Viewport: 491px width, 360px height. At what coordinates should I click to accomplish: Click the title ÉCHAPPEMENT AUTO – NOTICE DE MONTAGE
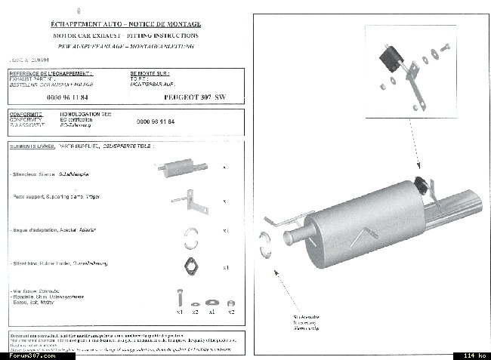point(125,25)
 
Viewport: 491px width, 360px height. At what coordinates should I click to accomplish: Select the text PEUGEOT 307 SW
point(194,98)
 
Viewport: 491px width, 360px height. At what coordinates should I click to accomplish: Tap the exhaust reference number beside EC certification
point(156,122)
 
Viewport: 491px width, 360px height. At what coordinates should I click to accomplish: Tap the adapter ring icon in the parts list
point(190,236)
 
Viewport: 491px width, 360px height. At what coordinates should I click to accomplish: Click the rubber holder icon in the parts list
point(189,266)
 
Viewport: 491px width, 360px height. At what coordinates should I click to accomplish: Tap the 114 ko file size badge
point(471,355)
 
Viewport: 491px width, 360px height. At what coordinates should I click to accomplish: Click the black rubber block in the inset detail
point(389,59)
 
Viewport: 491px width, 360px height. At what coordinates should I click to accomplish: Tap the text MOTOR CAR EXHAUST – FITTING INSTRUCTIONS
point(125,35)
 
